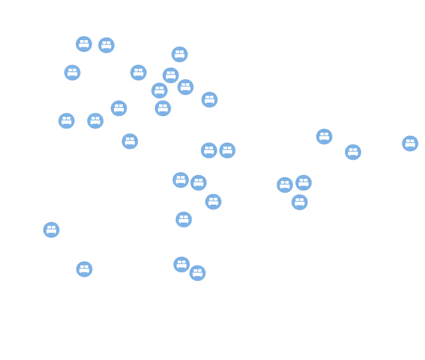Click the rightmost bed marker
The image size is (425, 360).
(410, 143)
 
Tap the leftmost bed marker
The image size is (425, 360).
(51, 230)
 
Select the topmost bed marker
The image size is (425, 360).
(84, 44)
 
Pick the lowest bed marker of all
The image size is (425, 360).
(198, 273)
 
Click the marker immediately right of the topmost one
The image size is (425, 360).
(107, 45)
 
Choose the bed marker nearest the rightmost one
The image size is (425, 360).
(353, 152)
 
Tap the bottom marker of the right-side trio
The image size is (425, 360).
(300, 202)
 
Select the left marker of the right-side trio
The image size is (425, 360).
(285, 185)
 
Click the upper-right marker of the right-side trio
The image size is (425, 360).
(303, 183)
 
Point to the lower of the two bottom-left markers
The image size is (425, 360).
(84, 269)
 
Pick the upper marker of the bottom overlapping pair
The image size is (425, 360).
(182, 264)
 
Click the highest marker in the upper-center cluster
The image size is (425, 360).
(179, 54)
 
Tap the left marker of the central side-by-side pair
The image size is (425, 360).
(209, 150)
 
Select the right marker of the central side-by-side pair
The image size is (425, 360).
(227, 150)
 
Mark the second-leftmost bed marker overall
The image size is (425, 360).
(66, 121)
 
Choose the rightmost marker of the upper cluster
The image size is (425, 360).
(210, 100)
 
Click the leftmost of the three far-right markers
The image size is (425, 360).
(324, 136)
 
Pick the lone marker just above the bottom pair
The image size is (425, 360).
(184, 219)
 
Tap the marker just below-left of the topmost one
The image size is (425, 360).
(72, 73)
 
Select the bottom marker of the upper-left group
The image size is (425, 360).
(130, 141)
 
